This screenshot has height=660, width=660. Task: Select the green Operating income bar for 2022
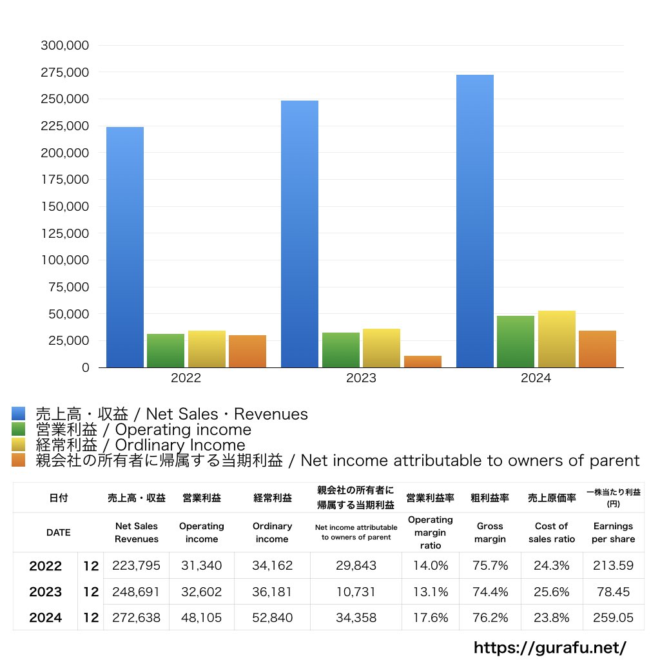[x=166, y=351]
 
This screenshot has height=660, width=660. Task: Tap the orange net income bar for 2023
[x=423, y=362]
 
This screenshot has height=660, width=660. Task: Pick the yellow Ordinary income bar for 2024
[x=557, y=339]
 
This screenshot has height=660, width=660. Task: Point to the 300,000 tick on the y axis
[x=64, y=46]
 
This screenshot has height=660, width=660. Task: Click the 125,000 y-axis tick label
[x=64, y=233]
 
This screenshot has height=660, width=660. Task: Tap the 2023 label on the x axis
[x=361, y=378]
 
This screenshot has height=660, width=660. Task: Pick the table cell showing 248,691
[x=136, y=592]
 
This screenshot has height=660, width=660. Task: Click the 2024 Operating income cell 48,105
[x=201, y=617]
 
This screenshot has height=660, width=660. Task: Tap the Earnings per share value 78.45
[x=613, y=592]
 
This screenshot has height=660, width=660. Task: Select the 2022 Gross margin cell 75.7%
[x=490, y=566]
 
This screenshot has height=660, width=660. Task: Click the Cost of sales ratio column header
[x=551, y=532]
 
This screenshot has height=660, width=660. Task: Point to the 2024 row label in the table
[x=46, y=617]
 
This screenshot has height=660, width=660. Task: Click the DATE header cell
[x=58, y=532]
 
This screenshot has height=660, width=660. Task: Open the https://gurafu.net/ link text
[x=550, y=647]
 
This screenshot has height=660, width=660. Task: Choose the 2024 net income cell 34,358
[x=356, y=617]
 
